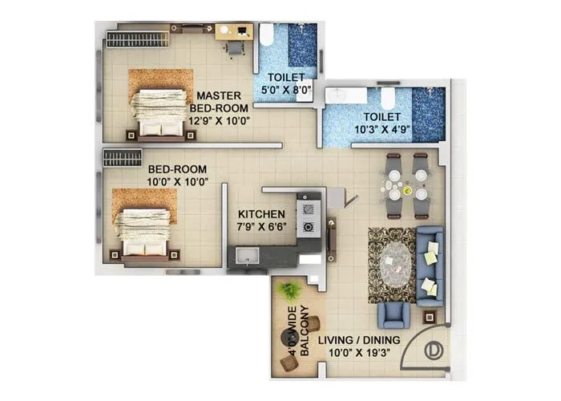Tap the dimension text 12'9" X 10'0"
(x=219, y=121)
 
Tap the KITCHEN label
(x=261, y=214)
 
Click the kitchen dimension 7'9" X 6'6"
(x=261, y=228)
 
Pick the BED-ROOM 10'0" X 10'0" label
(x=178, y=175)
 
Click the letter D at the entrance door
(x=432, y=350)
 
